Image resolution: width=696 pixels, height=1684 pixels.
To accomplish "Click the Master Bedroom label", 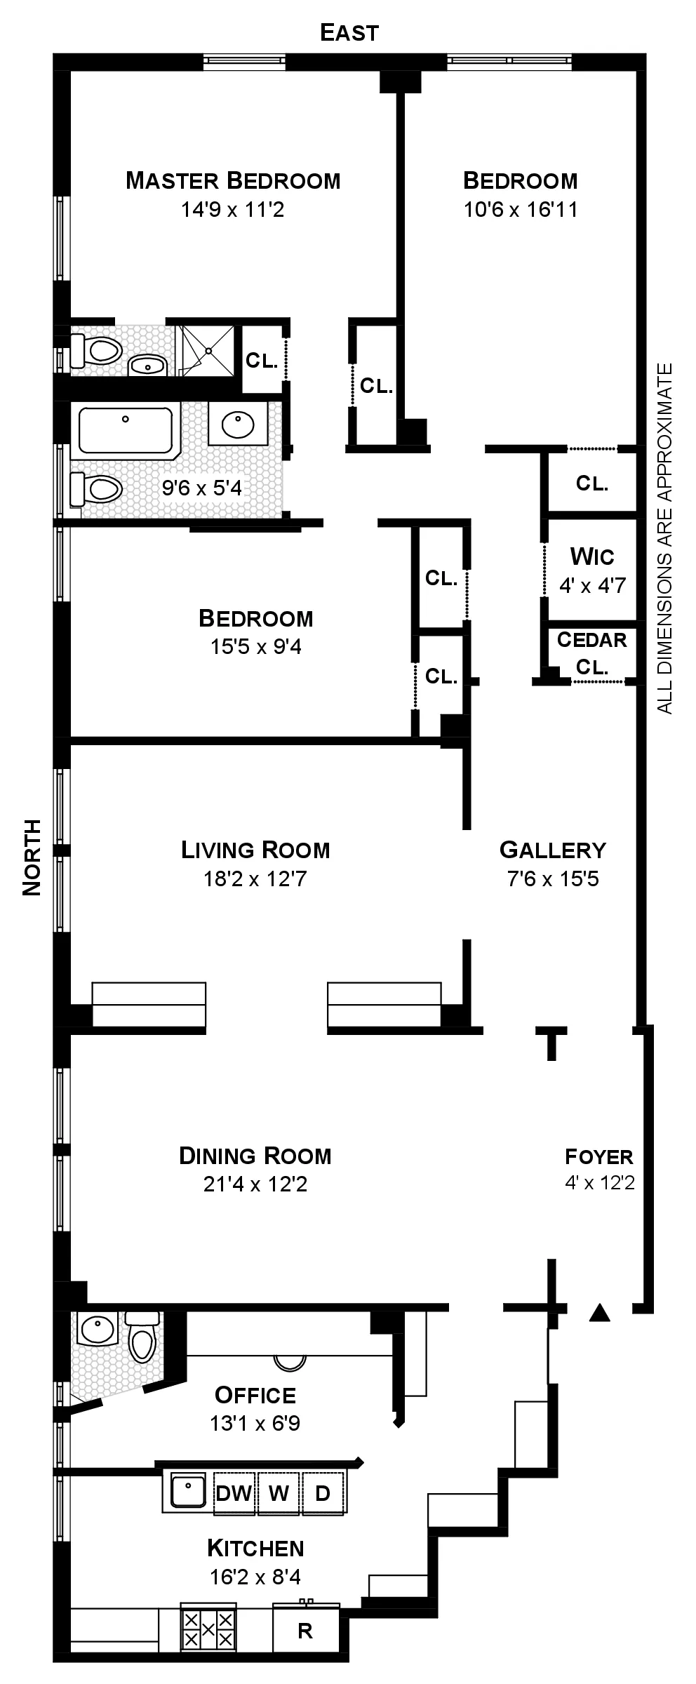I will point(233,181).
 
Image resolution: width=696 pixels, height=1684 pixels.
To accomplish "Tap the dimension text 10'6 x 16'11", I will point(521,210).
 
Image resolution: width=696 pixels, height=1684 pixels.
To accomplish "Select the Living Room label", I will point(255,850).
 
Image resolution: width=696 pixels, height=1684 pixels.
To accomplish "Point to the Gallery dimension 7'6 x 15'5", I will point(553,878).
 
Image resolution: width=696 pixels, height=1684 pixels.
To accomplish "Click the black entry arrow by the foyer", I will point(598,1313).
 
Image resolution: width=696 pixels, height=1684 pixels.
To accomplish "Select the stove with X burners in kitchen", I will point(208,1629).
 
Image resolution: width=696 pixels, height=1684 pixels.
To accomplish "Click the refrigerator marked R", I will point(305,1631).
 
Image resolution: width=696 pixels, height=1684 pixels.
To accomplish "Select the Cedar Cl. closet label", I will point(591,653).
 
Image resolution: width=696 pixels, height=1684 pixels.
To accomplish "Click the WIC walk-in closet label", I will point(592,557).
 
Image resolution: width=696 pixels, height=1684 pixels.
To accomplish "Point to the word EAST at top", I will point(349,32).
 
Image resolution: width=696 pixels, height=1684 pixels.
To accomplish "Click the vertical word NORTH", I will point(32,857).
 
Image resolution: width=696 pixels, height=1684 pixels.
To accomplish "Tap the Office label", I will point(255,1396).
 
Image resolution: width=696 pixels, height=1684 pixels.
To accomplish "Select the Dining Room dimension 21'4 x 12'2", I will point(255,1184).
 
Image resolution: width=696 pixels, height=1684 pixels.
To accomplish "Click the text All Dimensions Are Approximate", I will point(664,538).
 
